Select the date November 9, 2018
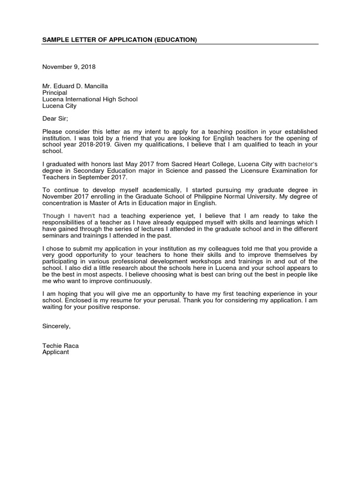(x=69, y=67)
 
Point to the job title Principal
(x=55, y=93)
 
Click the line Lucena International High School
(x=90, y=99)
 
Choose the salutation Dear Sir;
(x=55, y=119)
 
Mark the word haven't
(x=97, y=216)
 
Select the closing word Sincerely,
(x=56, y=326)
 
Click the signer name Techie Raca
(x=60, y=346)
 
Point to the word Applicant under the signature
(x=55, y=352)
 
